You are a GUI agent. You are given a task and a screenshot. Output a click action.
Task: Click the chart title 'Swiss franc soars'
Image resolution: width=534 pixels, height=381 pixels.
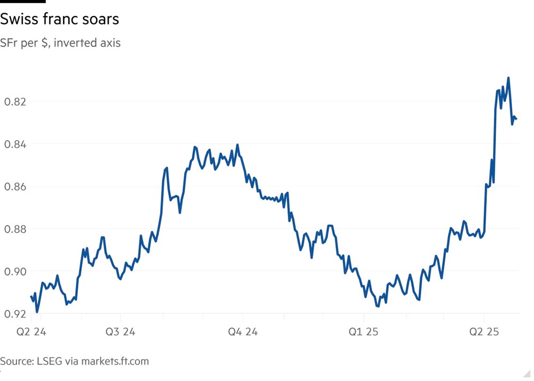(59, 20)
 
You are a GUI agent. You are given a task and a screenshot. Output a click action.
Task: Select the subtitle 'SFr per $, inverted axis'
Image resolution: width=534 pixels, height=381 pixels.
(60, 43)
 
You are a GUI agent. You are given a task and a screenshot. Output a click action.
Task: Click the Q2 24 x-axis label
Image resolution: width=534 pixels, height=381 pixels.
(32, 332)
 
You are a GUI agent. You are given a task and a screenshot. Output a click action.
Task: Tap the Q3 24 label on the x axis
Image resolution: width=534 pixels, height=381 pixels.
(120, 332)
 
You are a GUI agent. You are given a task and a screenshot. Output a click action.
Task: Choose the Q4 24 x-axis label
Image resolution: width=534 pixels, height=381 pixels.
(242, 332)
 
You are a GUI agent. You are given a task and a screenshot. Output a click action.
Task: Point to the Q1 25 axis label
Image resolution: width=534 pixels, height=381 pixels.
(363, 332)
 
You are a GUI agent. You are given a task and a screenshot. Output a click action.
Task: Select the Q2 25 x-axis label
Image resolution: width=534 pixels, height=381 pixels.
(484, 332)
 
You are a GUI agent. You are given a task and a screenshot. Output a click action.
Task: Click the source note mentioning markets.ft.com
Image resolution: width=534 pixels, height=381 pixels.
(74, 361)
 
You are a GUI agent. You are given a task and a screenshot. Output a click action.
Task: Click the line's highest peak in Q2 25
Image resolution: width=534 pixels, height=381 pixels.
(508, 78)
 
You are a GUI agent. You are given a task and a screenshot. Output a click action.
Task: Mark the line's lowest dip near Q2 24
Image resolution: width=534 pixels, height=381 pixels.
(37, 312)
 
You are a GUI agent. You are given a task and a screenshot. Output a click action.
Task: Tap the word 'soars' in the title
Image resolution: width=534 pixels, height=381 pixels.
(101, 20)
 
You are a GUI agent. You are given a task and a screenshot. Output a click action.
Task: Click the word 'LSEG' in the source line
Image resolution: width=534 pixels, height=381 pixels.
(49, 361)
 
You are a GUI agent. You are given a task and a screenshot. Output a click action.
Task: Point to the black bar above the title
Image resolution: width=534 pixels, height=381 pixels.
(22, 2)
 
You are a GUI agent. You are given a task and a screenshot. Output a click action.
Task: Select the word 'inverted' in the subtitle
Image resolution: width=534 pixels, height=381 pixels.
(76, 43)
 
